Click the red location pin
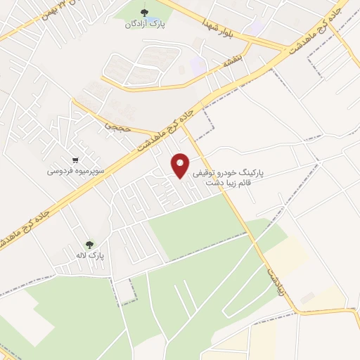pyautogui.click(x=181, y=166)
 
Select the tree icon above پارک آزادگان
pyautogui.click(x=145, y=12)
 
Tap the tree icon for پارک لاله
pyautogui.click(x=89, y=245)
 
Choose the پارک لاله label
pyautogui.click(x=92, y=256)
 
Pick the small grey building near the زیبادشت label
pyautogui.click(x=307, y=298)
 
